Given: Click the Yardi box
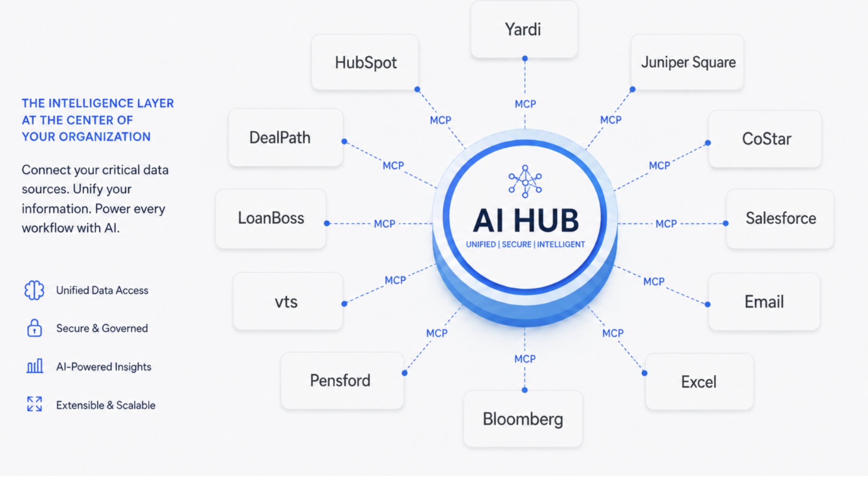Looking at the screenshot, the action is [524, 29].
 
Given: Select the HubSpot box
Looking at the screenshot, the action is [365, 62].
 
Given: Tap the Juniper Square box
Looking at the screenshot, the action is [687, 62].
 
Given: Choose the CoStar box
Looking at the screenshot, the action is [765, 139].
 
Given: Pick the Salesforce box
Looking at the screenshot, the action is [780, 219].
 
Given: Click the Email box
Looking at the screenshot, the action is [764, 302].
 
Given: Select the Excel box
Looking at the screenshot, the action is [699, 381].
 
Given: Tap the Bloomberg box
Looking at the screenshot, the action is [523, 419].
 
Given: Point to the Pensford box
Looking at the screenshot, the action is [342, 381].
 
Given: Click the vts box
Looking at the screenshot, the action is [288, 301].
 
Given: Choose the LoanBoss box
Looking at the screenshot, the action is [271, 219].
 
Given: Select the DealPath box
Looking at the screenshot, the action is [285, 137].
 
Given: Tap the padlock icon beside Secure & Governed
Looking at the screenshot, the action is [34, 328].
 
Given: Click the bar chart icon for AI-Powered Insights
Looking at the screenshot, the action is [34, 366].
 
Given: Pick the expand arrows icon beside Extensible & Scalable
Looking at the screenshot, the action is [34, 404].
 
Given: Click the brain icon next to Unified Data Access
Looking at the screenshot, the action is [34, 290].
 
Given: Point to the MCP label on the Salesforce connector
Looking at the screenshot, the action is [666, 224].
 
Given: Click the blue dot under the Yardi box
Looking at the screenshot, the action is [525, 58].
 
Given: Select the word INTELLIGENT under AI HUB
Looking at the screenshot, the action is [561, 244].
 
